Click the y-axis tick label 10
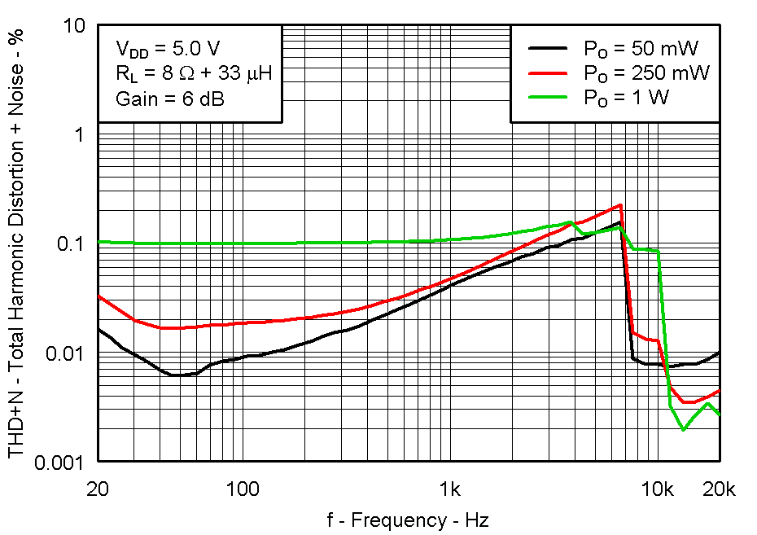coord(74,26)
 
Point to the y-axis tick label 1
coord(81,134)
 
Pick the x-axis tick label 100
coord(242,489)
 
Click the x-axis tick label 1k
coord(449,489)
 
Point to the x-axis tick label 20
coord(98,489)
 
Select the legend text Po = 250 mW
coord(646,72)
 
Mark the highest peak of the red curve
coord(621,205)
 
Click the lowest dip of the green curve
coord(683,429)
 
